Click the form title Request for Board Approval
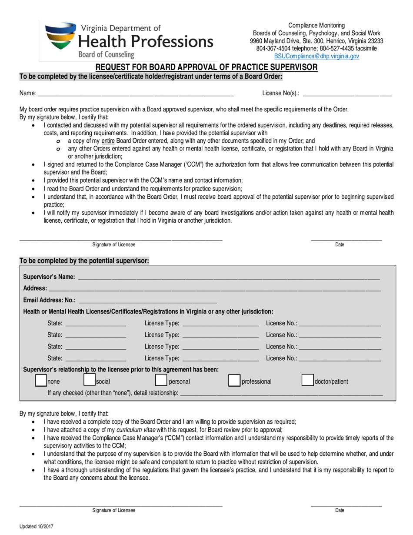[206, 67]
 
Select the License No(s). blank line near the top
[346, 93]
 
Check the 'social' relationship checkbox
[89, 381]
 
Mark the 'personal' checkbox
[161, 381]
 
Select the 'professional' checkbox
[234, 381]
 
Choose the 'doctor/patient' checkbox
[307, 381]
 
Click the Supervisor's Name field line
[228, 278]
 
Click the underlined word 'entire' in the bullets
[107, 141]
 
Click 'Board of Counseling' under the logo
[106, 54]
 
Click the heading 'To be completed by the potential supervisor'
[85, 261]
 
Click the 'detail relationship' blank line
[281, 393]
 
